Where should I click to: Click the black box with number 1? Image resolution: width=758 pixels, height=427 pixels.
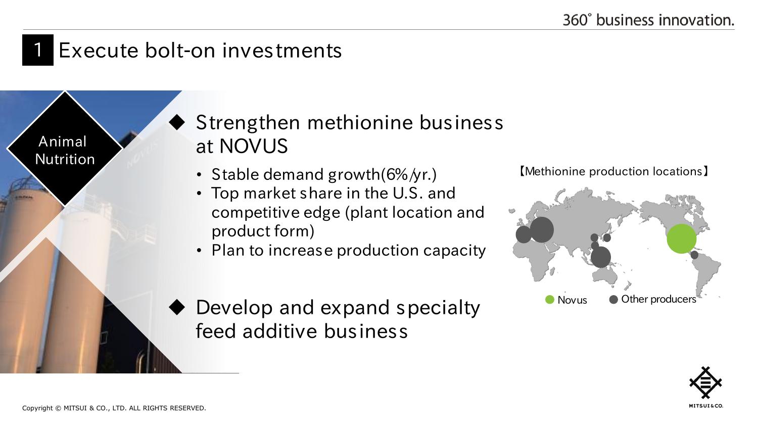(x=38, y=50)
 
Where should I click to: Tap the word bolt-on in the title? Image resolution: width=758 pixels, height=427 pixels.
(x=180, y=51)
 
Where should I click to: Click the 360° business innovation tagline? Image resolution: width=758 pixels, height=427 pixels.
(x=648, y=20)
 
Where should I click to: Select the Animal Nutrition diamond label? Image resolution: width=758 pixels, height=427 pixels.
(x=65, y=149)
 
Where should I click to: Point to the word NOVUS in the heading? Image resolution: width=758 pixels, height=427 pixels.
(x=254, y=146)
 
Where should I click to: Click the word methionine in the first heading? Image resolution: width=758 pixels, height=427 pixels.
(x=360, y=122)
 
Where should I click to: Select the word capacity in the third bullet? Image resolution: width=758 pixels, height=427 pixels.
(x=454, y=251)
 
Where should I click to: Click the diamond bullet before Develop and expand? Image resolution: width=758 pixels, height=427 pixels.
(x=177, y=307)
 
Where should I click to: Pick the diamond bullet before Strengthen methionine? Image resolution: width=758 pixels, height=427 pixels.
(x=177, y=122)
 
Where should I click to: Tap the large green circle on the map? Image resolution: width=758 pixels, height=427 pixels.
(x=682, y=239)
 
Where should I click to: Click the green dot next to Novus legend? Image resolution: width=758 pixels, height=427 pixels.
(x=550, y=300)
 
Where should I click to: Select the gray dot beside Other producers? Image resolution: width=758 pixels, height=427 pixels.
(x=613, y=300)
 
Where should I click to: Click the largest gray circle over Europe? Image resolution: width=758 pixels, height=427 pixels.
(x=541, y=230)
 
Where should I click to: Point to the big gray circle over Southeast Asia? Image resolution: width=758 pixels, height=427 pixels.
(x=601, y=257)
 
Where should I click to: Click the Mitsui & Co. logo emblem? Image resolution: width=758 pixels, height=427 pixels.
(x=705, y=383)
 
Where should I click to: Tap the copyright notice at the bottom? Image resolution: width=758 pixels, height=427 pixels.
(x=114, y=408)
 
